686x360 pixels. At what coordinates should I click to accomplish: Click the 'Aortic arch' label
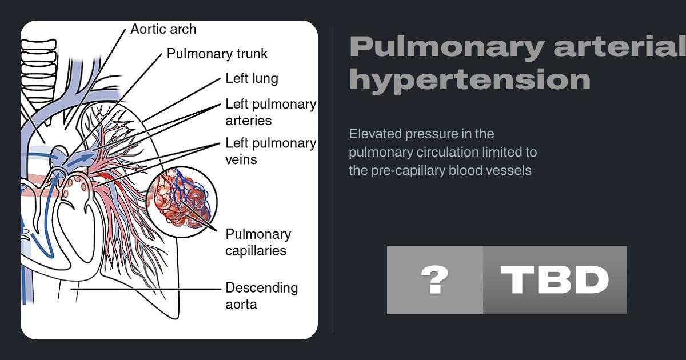pos(163,29)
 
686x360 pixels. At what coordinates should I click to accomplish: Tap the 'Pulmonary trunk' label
pos(217,54)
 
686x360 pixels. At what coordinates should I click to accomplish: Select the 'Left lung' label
pos(252,79)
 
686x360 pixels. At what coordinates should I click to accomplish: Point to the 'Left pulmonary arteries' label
pos(270,112)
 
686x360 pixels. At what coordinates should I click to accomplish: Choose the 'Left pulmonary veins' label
pos(270,151)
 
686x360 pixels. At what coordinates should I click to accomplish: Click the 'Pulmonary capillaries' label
pos(258,242)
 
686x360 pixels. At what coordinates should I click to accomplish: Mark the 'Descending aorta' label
pos(261,295)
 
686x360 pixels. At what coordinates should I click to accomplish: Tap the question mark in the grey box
pos(434,280)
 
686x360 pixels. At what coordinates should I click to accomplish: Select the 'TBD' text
pos(555,280)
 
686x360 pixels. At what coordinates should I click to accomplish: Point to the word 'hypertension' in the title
pos(469,81)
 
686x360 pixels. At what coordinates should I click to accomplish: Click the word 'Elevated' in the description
pos(373,134)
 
